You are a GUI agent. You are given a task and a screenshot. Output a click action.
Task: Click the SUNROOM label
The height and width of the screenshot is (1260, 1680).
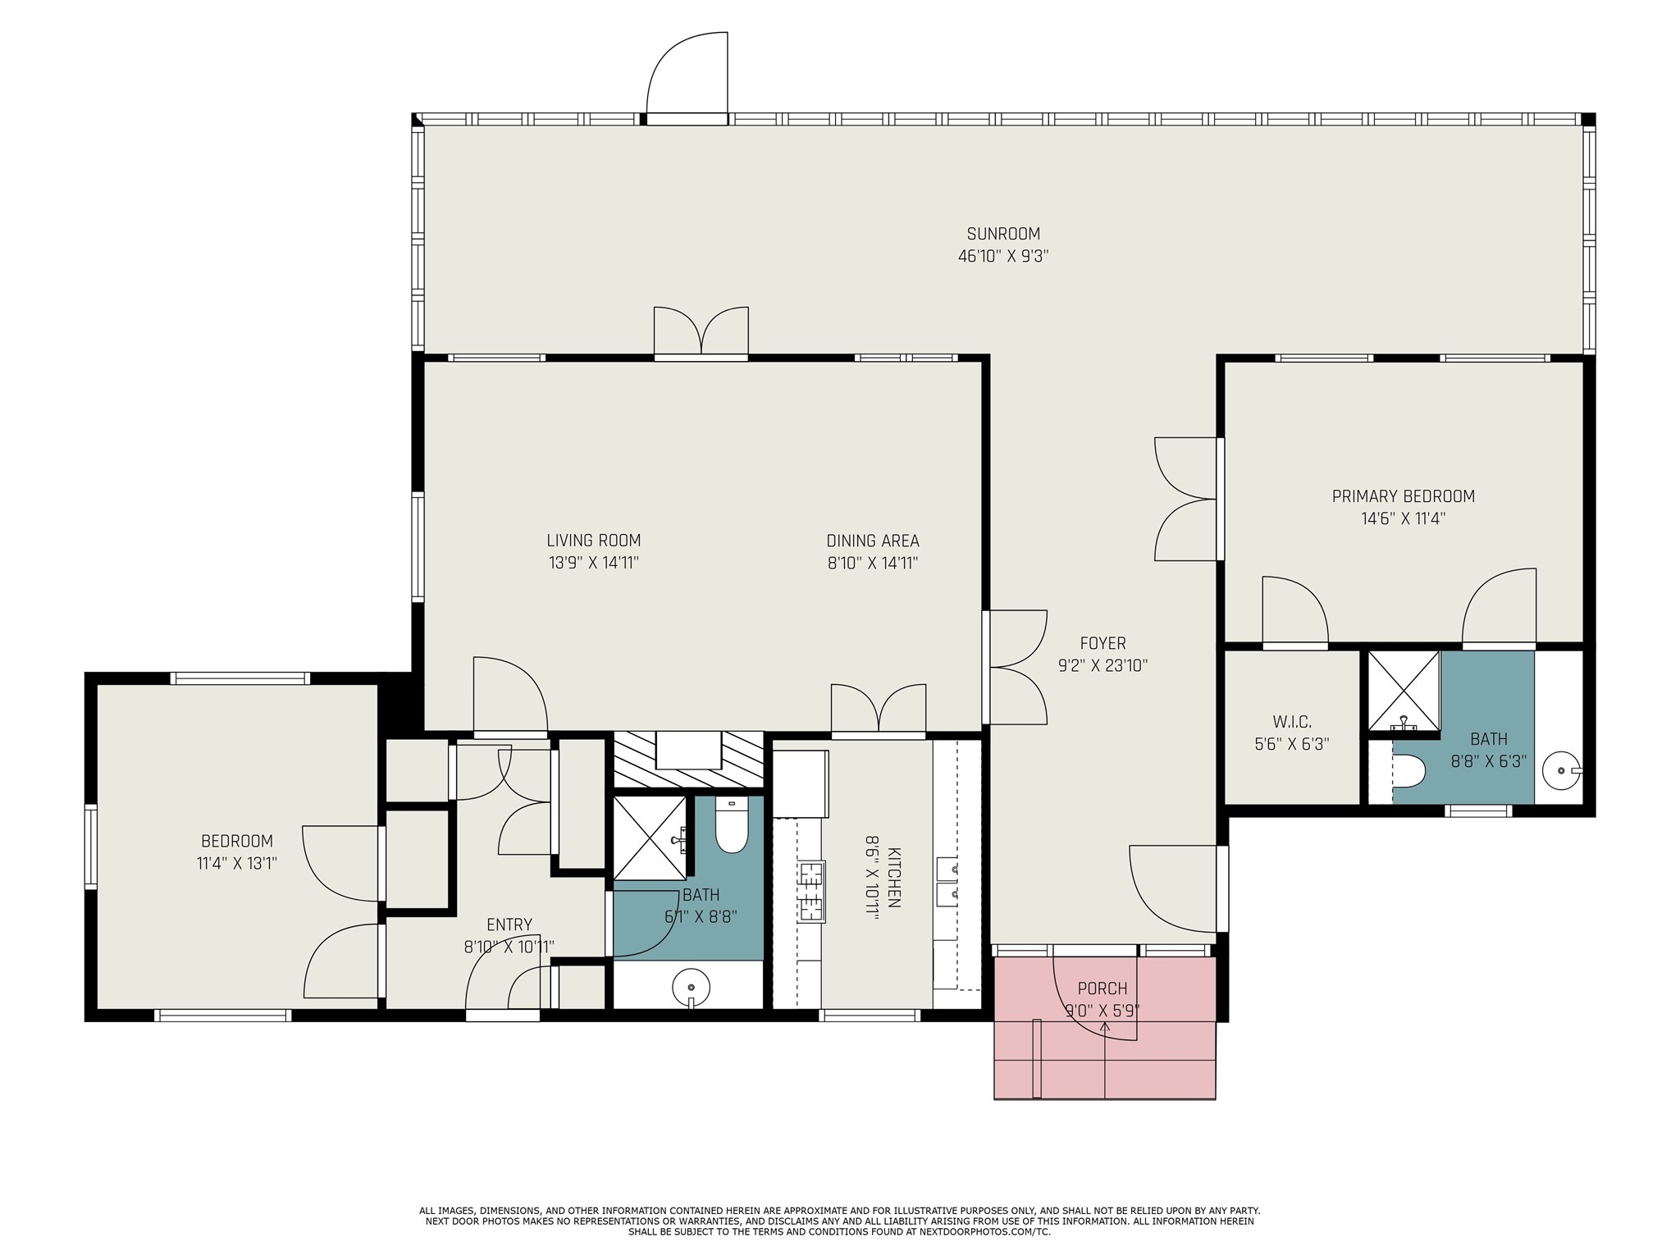point(1002,234)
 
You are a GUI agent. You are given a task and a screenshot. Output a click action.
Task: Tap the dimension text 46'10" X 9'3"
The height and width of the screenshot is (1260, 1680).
point(1002,256)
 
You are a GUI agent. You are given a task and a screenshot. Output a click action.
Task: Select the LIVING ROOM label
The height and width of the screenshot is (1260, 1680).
point(593,541)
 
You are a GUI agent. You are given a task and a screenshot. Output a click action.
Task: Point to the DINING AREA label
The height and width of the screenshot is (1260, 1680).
point(872,541)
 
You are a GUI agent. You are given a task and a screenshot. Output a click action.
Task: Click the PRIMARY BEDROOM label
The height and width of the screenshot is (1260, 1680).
point(1403,496)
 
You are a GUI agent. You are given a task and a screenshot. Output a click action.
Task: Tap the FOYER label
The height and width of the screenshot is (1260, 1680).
point(1102,643)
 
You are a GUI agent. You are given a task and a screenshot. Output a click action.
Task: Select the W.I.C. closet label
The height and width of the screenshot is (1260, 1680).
point(1292,722)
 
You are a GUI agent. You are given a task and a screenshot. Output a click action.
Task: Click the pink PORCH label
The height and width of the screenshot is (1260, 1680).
point(1102,988)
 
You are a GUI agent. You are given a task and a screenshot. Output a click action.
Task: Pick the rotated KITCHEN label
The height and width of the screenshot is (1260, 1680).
point(893,877)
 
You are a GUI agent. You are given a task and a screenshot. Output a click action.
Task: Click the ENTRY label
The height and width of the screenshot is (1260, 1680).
point(509,924)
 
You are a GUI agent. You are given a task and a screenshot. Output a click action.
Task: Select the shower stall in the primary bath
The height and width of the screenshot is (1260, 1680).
point(1404,690)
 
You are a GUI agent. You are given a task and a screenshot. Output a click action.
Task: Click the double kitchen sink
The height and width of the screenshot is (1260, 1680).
point(947,880)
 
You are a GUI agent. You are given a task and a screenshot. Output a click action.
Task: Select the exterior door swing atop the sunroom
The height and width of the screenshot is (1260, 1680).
point(687,78)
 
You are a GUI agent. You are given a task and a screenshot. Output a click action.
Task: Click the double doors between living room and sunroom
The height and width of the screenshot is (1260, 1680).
point(701,332)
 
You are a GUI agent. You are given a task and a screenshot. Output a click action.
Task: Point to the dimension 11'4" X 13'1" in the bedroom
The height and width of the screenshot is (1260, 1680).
point(236,863)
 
